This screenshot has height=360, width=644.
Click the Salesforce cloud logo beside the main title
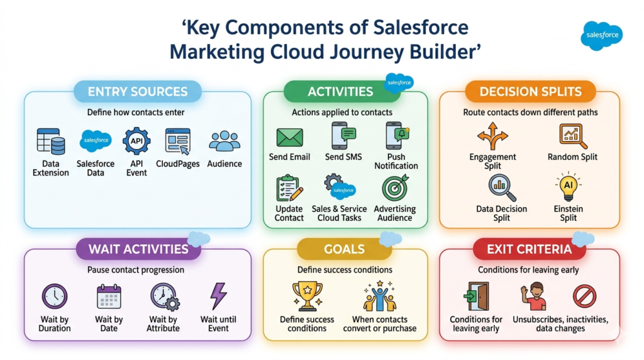point(601,36)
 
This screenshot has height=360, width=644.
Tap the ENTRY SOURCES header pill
point(138,92)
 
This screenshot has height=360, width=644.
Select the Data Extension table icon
point(51,142)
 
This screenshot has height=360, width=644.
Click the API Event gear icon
point(136,141)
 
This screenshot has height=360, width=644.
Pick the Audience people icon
point(225,141)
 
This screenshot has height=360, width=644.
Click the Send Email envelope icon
point(290,137)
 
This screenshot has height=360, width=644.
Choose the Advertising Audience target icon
point(395,189)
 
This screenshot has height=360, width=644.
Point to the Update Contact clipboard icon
point(289,189)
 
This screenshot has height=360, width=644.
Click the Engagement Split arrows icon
point(492,136)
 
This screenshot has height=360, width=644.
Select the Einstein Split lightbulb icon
point(568,187)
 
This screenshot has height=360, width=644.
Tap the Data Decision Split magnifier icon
point(501,188)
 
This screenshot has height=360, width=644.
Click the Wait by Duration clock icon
point(54,296)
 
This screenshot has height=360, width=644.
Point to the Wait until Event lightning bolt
point(218,296)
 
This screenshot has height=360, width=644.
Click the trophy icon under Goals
point(307,296)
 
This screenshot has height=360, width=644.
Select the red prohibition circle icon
point(584,296)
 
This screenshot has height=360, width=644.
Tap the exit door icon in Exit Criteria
point(476,296)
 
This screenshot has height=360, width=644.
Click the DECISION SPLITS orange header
point(530,92)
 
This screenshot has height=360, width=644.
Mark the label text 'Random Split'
point(572,157)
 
